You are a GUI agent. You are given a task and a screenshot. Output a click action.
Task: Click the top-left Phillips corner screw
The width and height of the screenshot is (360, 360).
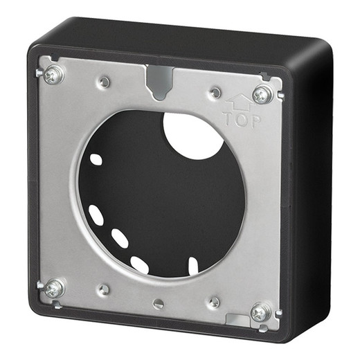tap(53, 75)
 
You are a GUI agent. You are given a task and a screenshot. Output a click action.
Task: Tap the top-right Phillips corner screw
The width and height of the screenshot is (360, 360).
tap(262, 95)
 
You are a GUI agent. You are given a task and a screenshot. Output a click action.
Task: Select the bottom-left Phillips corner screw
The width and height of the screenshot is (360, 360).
tap(53, 288)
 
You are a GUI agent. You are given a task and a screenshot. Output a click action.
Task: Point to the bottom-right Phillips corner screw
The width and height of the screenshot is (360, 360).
tap(260, 312)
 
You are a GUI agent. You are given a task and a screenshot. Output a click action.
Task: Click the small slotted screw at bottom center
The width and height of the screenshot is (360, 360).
tap(159, 303)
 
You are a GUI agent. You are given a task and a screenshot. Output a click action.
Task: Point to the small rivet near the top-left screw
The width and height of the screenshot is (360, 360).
tap(104, 82)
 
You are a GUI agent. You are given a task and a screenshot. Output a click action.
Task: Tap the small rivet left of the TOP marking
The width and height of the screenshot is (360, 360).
tap(215, 92)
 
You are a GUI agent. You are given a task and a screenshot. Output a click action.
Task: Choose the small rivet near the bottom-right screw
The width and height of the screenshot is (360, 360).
tap(215, 302)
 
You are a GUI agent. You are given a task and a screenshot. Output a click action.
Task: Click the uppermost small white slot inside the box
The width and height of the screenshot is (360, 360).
tap(96, 159)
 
